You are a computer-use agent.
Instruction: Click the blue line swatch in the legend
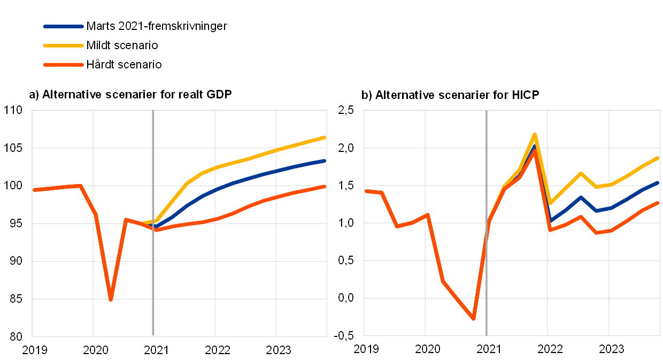point(64,26)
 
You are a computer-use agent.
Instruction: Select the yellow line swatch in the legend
point(64,45)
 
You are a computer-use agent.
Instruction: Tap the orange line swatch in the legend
point(64,65)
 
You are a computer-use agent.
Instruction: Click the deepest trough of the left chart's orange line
point(111,300)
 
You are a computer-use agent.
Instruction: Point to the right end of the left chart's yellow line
point(325,137)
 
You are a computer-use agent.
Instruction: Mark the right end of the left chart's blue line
point(325,160)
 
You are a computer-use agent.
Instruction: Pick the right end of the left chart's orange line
point(325,186)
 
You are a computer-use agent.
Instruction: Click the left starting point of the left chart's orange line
point(34,189)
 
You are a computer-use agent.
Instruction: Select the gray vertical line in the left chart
point(153,278)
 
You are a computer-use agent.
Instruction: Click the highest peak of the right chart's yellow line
point(535,134)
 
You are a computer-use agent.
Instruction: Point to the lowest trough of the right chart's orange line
point(474,319)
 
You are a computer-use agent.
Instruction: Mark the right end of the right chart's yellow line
point(658,158)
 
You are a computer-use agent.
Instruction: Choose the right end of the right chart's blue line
point(658,182)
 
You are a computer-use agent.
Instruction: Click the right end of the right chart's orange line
point(658,203)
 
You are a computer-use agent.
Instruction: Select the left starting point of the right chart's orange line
point(366,191)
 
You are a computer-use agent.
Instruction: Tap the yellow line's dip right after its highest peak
point(550,203)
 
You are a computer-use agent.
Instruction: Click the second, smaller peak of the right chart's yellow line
point(581,173)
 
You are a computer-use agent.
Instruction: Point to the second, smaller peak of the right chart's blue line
point(581,197)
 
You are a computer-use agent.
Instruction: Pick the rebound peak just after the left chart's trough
point(126,219)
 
